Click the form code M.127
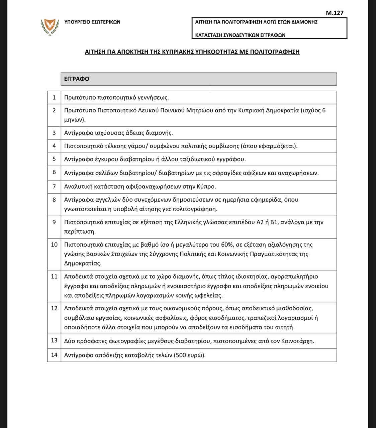pyautogui.click(x=334, y=13)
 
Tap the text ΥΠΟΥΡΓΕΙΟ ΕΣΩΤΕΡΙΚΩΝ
pyautogui.click(x=92, y=22)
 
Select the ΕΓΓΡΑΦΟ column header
pyautogui.click(x=77, y=79)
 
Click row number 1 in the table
pyautogui.click(x=54, y=98)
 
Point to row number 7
pyautogui.click(x=54, y=186)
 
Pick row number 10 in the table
pyautogui.click(x=54, y=244)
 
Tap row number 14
pyautogui.click(x=54, y=355)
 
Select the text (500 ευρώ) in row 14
pyautogui.click(x=189, y=355)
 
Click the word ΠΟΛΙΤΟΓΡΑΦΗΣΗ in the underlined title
pyautogui.click(x=275, y=52)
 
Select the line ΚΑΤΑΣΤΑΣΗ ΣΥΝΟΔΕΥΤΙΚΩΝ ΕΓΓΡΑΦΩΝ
pyautogui.click(x=240, y=35)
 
